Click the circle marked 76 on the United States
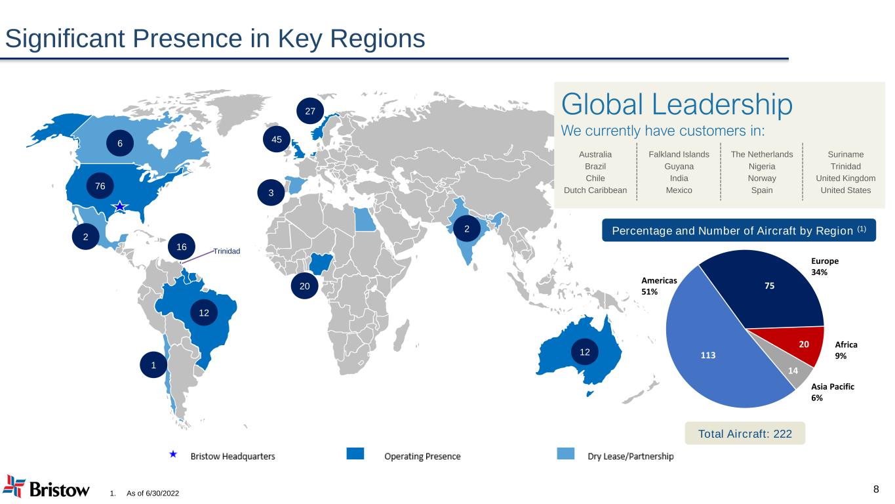click(x=100, y=186)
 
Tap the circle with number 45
click(x=276, y=139)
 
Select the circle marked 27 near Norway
click(x=310, y=112)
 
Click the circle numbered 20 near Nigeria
click(x=304, y=286)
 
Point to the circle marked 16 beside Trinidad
click(x=182, y=247)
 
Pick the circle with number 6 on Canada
click(x=121, y=143)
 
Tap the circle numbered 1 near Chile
click(x=153, y=365)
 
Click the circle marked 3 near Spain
click(x=271, y=193)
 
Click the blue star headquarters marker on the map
click(x=119, y=207)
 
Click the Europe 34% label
click(x=824, y=266)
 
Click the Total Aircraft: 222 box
click(x=744, y=433)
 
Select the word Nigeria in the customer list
click(x=762, y=167)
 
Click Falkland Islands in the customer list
click(x=679, y=155)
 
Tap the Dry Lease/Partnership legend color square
click(x=565, y=454)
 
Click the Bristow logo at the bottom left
click(x=46, y=488)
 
